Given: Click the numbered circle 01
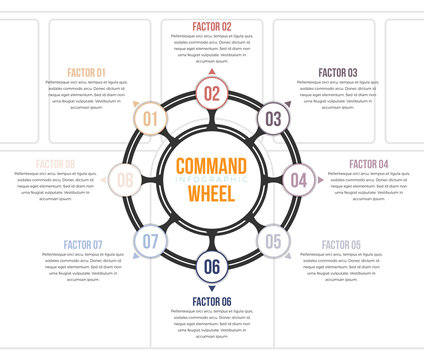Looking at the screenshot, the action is coord(150,120).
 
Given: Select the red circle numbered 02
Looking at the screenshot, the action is coord(212,94).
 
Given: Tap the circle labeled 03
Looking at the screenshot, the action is coord(273,120).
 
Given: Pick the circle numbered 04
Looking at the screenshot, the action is coord(298,181).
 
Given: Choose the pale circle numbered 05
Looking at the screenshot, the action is coord(273,241).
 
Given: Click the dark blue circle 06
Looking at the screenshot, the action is coord(212,267).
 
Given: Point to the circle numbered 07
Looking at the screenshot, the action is coord(150,241).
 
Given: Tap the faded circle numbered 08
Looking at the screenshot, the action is coord(125,181).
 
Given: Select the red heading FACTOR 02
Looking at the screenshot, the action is coord(212,26).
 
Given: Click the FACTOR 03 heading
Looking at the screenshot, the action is coord(338,73).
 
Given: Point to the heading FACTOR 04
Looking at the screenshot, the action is coord(369,164).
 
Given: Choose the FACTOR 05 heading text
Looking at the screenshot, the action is coord(341,245).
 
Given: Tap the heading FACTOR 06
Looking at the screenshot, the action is coord(212,302).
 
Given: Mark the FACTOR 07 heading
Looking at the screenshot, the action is coord(83,245).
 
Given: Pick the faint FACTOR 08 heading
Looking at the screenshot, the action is coord(55,164).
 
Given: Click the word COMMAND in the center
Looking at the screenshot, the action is coord(212,166).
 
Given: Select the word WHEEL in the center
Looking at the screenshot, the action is coord(212,195).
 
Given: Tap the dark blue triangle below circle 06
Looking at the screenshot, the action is coord(212,289).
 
